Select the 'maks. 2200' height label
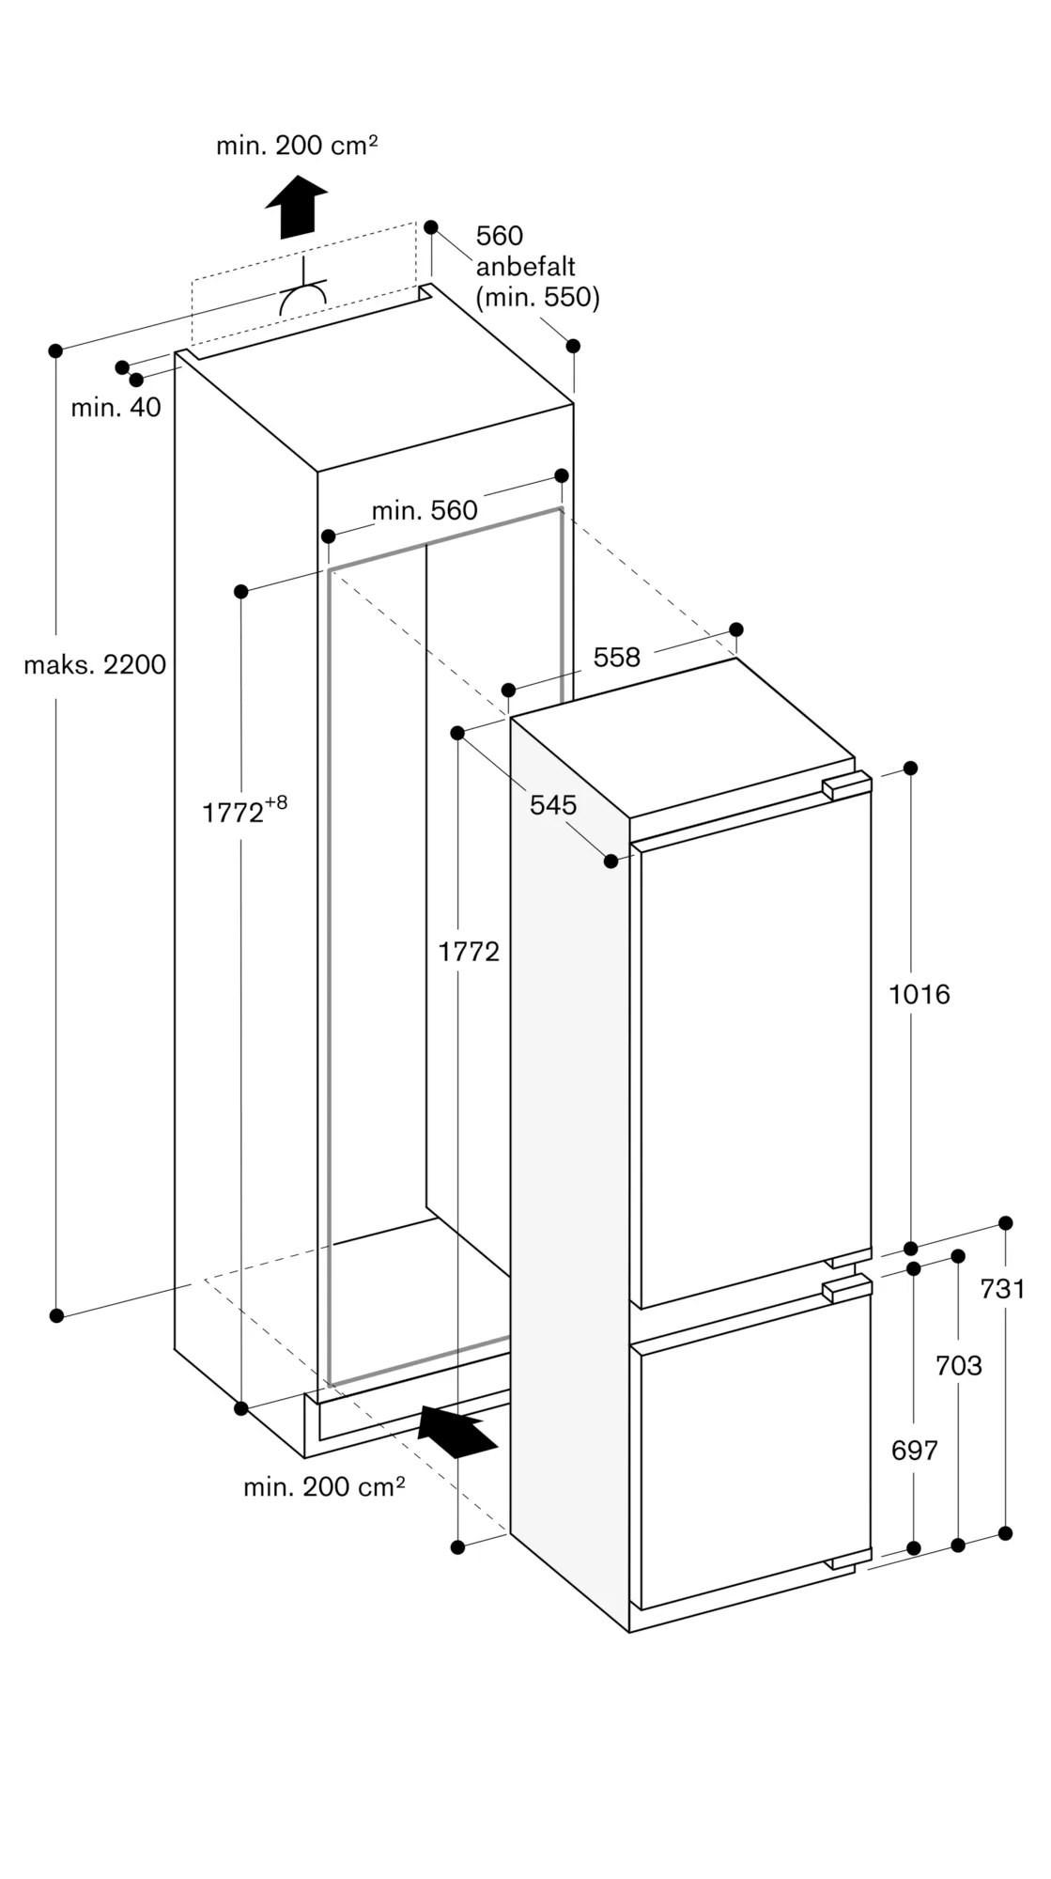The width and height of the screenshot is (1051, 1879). (95, 665)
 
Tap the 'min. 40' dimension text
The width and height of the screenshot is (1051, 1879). (116, 408)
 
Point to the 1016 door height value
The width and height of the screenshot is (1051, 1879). (920, 994)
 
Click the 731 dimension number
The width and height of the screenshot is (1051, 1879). (1002, 1289)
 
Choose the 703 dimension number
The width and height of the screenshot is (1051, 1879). (958, 1365)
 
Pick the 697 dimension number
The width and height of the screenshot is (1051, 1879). (914, 1451)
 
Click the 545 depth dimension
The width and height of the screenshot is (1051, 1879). (553, 804)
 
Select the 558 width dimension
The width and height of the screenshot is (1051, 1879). (616, 658)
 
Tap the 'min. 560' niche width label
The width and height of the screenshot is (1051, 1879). (425, 511)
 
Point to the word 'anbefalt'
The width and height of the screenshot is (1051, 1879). (525, 267)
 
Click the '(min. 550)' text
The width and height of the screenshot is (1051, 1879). (537, 298)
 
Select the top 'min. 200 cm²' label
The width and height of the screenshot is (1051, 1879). (297, 146)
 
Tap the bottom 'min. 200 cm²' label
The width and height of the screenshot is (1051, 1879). (324, 1487)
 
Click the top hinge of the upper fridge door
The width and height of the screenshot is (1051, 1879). (846, 785)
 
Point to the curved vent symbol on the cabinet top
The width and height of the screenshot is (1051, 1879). (303, 298)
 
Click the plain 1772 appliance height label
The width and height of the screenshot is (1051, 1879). (469, 953)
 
